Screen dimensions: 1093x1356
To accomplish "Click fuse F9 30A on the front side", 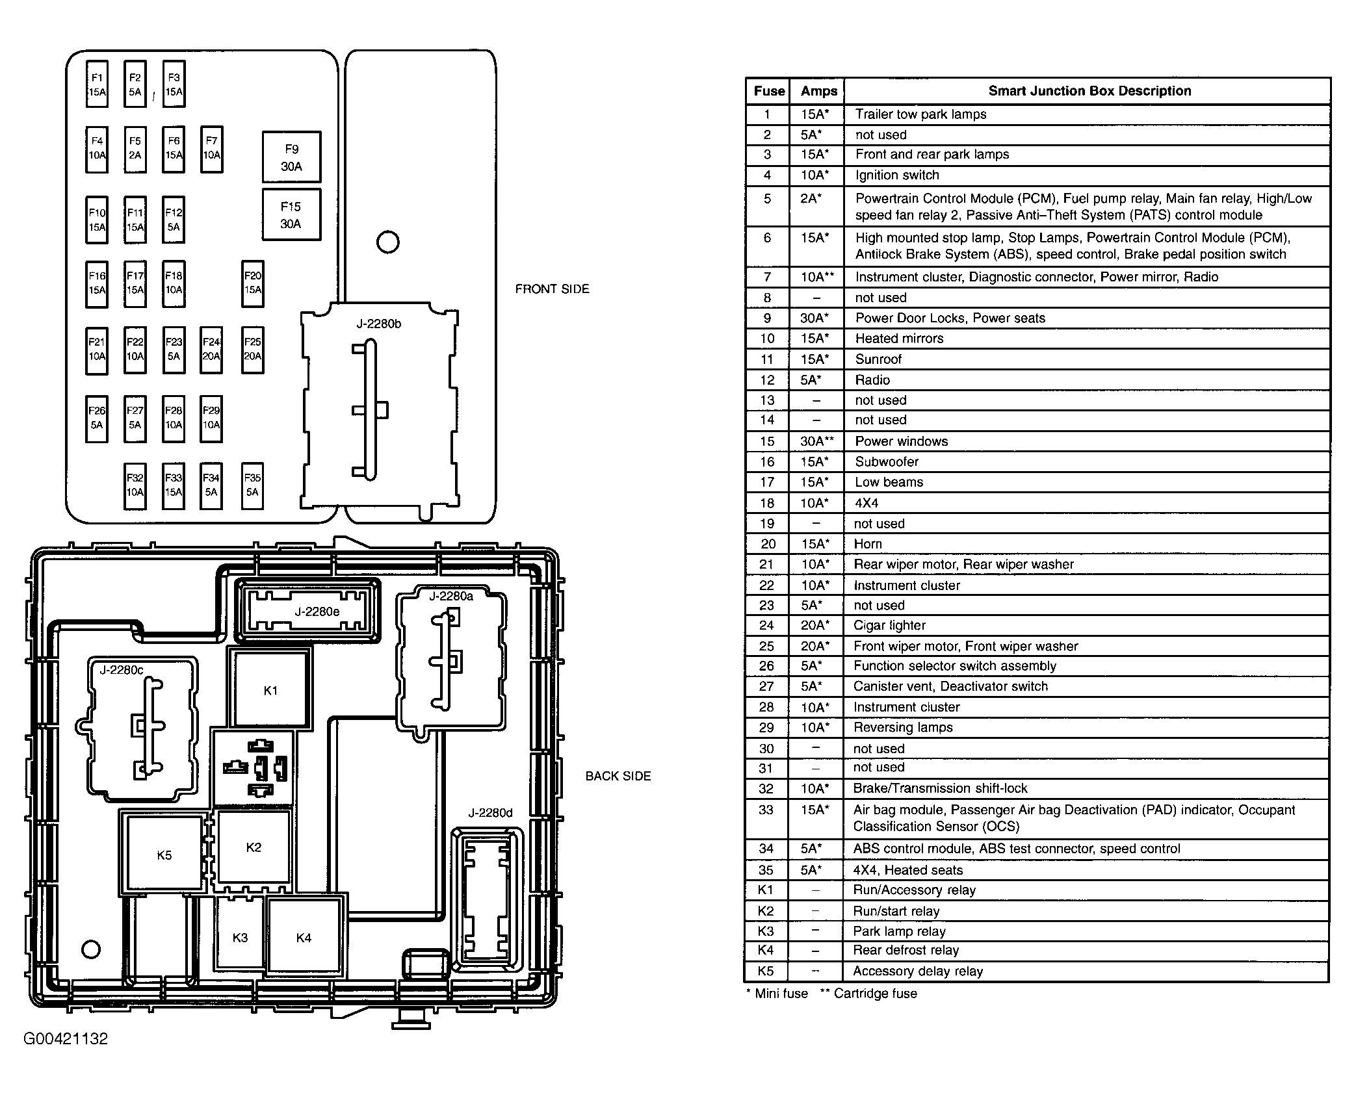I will coord(291,157).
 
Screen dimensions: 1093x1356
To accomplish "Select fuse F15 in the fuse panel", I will coord(291,214).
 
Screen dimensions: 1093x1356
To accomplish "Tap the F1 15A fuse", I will coord(97,84).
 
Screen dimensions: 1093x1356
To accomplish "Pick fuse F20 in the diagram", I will coord(252,283).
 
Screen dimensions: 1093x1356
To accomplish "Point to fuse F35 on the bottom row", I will coord(252,485).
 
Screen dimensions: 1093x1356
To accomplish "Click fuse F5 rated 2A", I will coord(135,148).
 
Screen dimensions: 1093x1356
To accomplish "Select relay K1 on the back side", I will coord(270,690).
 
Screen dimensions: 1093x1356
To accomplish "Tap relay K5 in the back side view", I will coord(164,855).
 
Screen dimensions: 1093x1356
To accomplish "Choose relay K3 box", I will coord(240,937).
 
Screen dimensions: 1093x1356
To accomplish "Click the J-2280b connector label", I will coord(378,324).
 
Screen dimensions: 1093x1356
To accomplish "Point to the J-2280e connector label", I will coord(317,611).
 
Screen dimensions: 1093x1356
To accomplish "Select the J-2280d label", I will coord(490,812).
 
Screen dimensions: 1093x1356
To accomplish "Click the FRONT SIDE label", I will coord(552,289).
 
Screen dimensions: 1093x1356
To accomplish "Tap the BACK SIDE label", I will coord(618,776).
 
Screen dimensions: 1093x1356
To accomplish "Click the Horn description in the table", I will coord(868,544).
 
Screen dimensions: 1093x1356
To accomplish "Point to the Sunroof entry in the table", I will coord(878,359).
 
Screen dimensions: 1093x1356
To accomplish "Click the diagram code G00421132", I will coord(66,1038).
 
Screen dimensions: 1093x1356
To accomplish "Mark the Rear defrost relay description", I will coord(906,950).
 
